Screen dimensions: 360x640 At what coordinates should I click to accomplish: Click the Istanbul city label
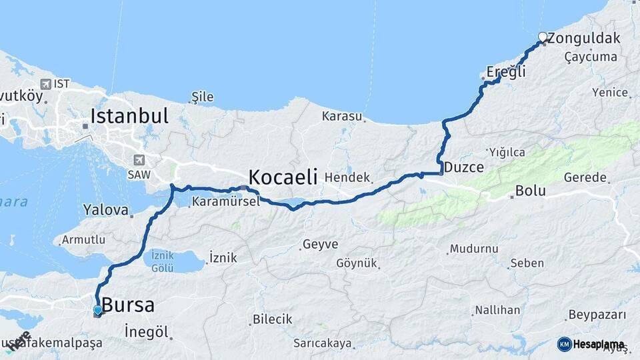(x=129, y=115)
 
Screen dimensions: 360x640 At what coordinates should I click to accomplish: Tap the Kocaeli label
(x=283, y=177)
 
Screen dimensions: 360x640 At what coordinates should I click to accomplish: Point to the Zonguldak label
(x=583, y=38)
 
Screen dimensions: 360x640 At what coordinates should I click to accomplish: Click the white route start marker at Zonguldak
(x=543, y=37)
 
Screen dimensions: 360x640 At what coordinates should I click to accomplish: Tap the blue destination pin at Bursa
(x=98, y=310)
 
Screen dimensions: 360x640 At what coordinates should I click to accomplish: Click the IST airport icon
(x=45, y=84)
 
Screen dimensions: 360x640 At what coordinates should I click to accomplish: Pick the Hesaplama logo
(x=591, y=344)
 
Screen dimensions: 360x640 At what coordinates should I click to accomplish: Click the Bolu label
(x=530, y=191)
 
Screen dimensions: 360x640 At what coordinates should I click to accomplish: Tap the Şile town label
(x=203, y=97)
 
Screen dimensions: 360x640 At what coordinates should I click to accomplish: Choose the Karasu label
(x=341, y=116)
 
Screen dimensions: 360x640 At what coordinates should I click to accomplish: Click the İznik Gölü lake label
(x=163, y=261)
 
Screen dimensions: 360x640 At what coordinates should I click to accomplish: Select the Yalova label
(x=105, y=210)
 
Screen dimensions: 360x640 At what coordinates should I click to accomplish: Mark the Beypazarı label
(x=597, y=315)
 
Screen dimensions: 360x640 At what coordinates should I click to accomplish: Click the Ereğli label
(x=507, y=72)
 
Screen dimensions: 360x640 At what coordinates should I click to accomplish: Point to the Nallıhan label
(x=497, y=310)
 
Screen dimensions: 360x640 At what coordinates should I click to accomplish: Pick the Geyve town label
(x=320, y=244)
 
